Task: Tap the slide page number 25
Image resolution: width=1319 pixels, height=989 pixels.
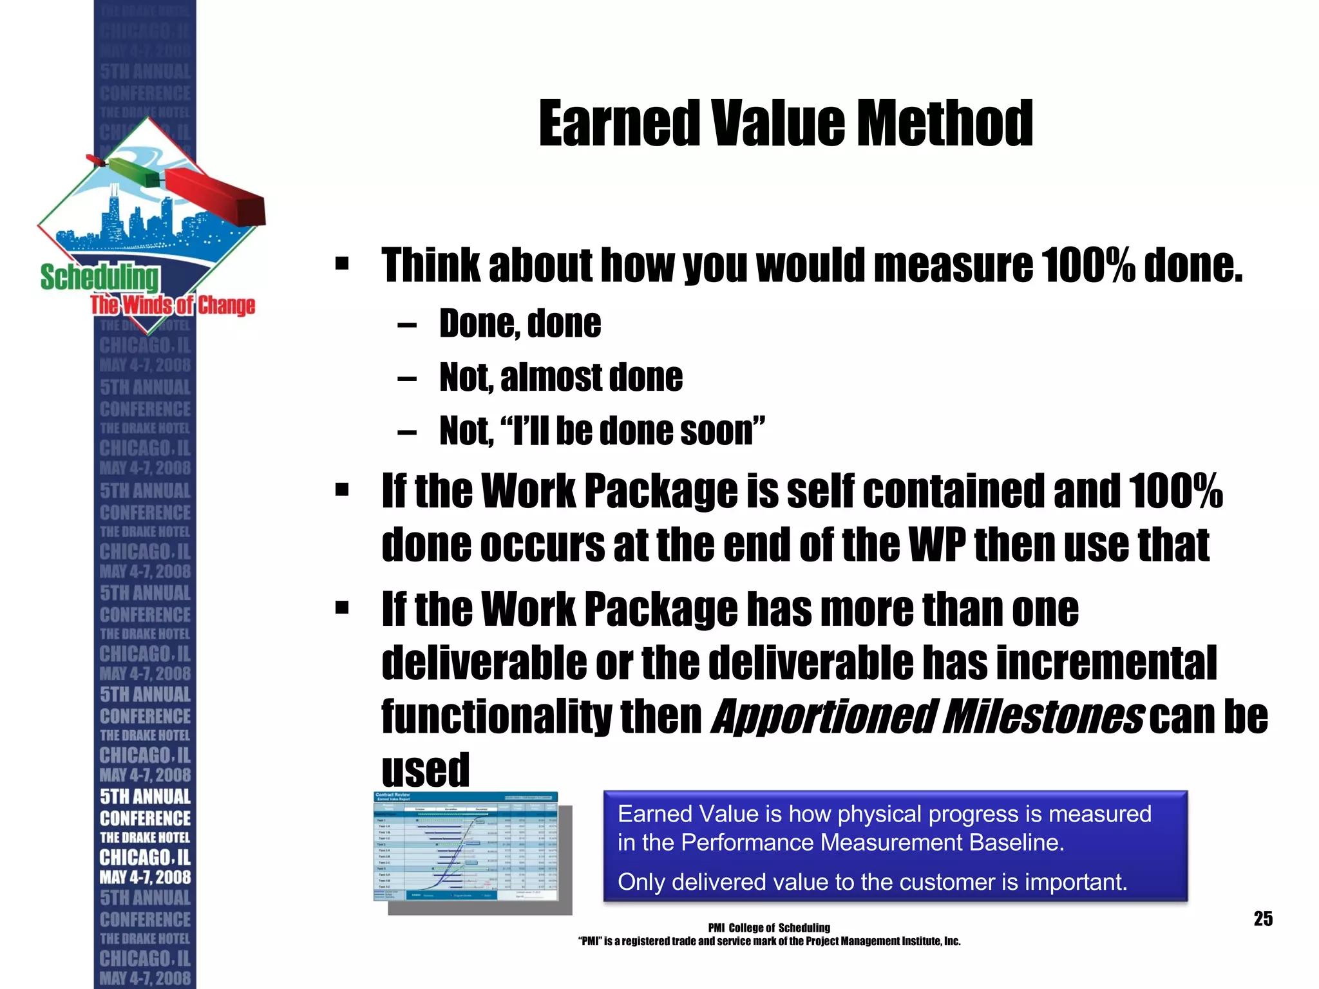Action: [1263, 918]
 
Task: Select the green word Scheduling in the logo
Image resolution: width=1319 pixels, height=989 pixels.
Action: [99, 278]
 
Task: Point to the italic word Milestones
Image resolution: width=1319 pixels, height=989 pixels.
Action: [1043, 716]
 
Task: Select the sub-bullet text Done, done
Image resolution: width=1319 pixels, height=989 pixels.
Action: [520, 323]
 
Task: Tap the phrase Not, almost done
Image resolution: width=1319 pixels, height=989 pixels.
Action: [560, 377]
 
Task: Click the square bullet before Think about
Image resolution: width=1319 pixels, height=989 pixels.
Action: [342, 263]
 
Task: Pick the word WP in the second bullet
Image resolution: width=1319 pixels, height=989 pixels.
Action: [937, 545]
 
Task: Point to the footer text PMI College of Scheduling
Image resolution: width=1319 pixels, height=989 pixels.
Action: [769, 928]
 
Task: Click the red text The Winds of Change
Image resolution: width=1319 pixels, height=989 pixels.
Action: [173, 305]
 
